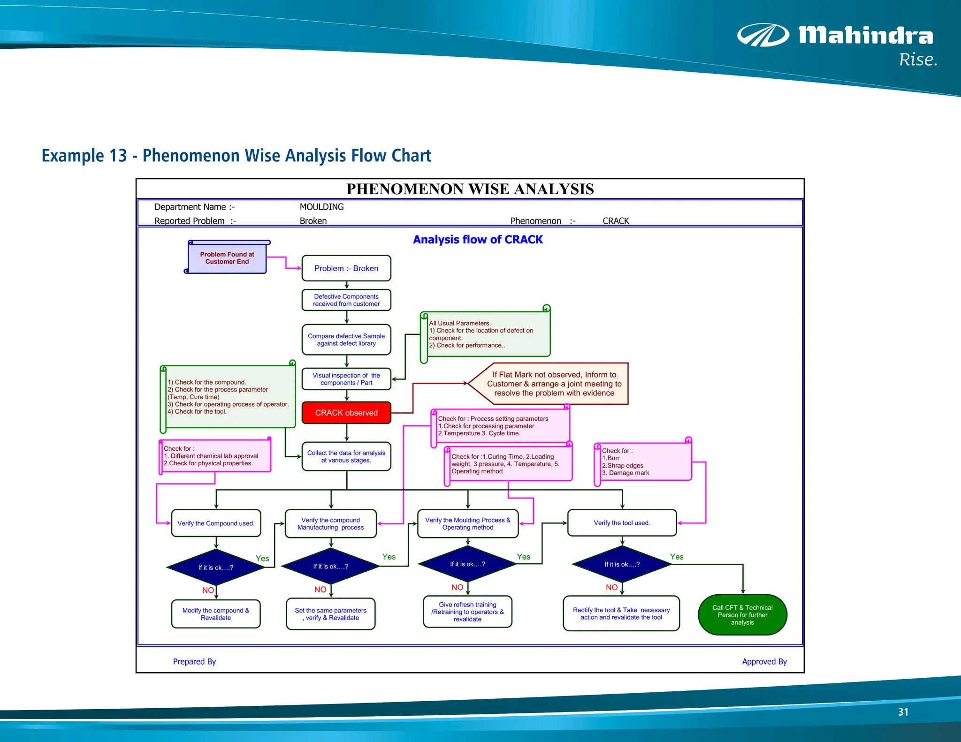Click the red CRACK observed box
click(x=346, y=413)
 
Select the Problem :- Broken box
click(x=346, y=268)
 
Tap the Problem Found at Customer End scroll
click(x=227, y=258)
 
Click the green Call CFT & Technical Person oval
click(x=742, y=615)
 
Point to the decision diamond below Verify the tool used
click(x=622, y=565)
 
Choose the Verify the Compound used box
click(x=216, y=523)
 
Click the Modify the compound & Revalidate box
click(x=216, y=614)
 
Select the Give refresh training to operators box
click(x=467, y=612)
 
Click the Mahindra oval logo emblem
click(x=763, y=35)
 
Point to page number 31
click(x=903, y=712)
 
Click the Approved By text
click(x=764, y=662)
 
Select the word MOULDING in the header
click(x=321, y=207)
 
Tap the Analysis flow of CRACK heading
click(x=478, y=240)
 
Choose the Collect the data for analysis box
click(x=346, y=456)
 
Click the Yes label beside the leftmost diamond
click(x=262, y=559)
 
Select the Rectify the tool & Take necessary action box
click(x=621, y=613)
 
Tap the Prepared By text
click(x=194, y=662)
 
